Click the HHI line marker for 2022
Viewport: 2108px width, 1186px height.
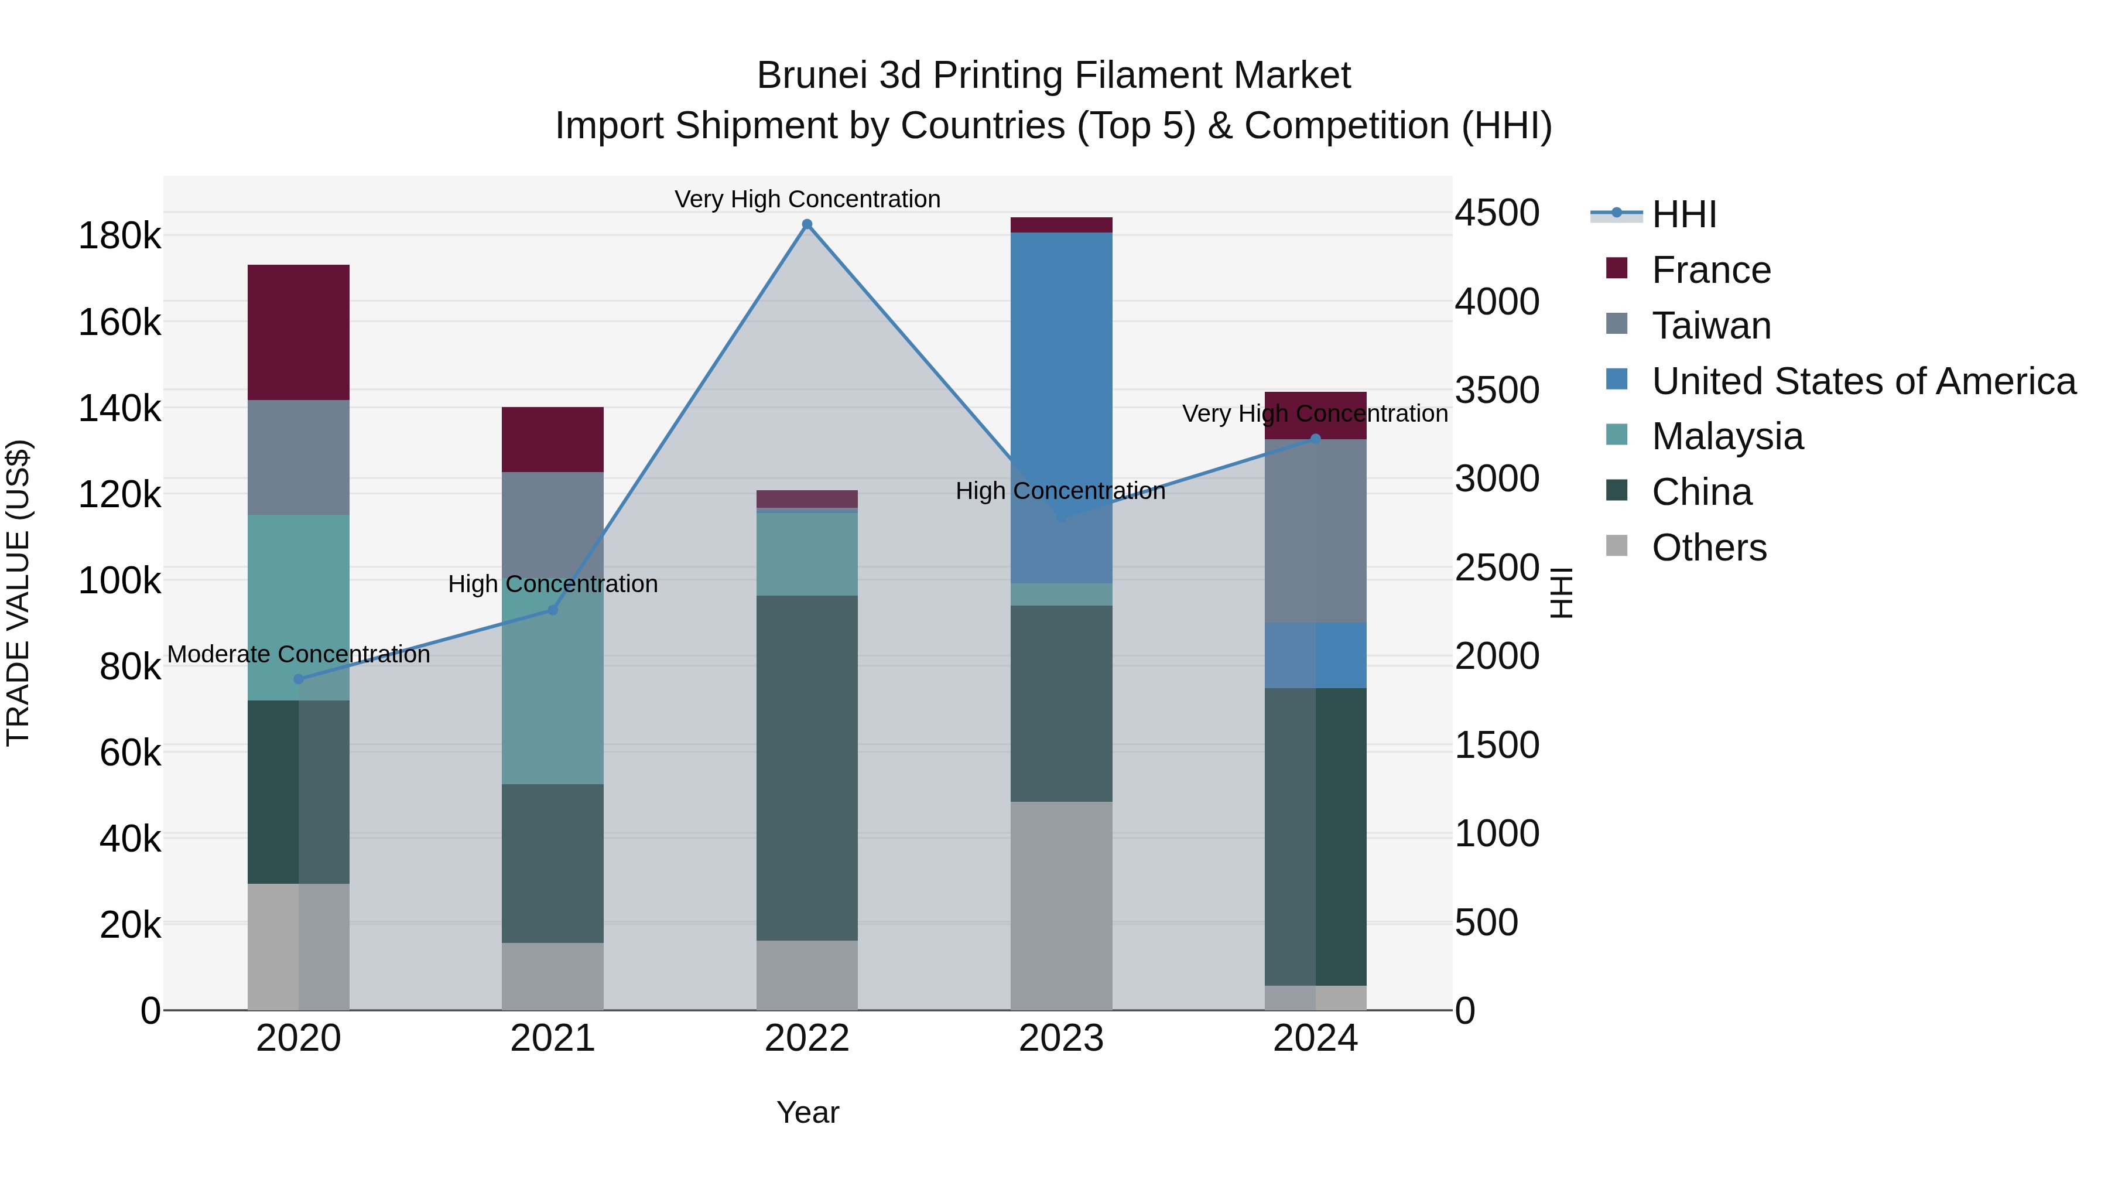click(x=807, y=224)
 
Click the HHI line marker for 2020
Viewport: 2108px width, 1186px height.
click(x=299, y=679)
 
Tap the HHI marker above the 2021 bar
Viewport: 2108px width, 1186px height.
click(x=552, y=610)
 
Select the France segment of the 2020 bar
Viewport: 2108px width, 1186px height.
click(x=299, y=332)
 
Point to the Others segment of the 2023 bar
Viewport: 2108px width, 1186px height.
click(x=1062, y=905)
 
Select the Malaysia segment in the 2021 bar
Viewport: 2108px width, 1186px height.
click(x=552, y=696)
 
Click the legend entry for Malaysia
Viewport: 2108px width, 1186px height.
click(x=1727, y=436)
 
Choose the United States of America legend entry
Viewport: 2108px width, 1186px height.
click(x=1863, y=381)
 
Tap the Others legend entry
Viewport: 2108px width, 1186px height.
click(x=1709, y=548)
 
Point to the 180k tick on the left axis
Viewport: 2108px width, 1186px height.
click(x=119, y=237)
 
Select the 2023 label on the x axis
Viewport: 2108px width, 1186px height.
click(x=1062, y=1038)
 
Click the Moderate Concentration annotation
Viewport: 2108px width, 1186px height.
click(x=299, y=655)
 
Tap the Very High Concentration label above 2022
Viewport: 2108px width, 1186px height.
click(x=807, y=199)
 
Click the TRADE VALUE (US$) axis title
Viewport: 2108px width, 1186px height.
click(x=18, y=593)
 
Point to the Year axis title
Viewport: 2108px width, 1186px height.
click(x=807, y=1112)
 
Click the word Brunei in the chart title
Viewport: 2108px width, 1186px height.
click(x=811, y=76)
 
